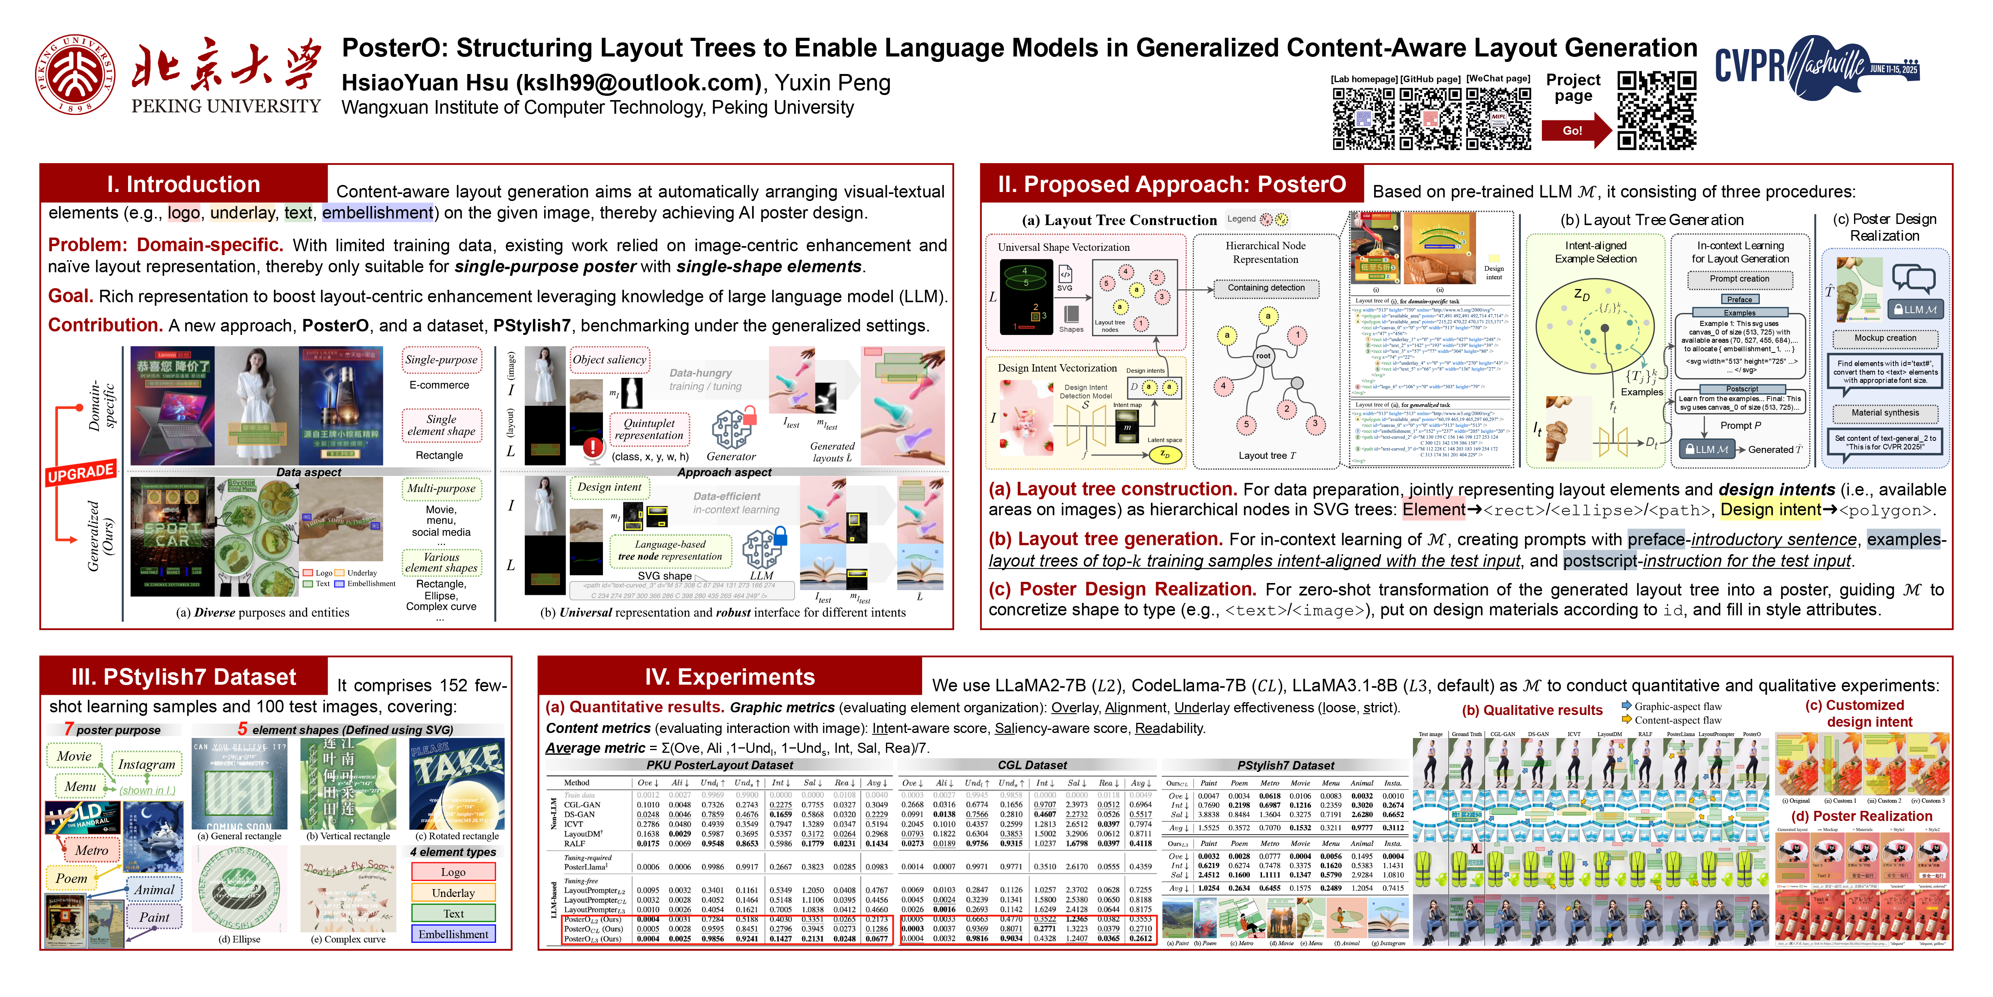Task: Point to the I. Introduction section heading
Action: point(183,184)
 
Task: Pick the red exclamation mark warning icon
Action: point(592,447)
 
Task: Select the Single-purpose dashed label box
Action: point(441,360)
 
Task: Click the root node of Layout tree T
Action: point(1263,356)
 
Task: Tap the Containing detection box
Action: point(1266,288)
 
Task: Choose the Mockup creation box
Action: point(1885,338)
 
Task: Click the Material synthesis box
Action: point(1885,412)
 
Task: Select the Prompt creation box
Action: point(1739,279)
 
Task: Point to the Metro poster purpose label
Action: point(91,850)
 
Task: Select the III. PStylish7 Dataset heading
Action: point(183,677)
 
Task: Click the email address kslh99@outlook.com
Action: point(638,83)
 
